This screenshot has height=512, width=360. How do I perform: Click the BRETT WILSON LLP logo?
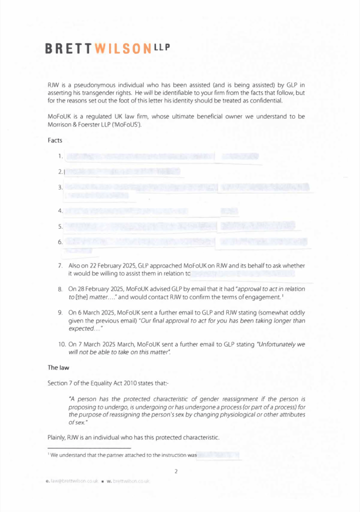(107, 48)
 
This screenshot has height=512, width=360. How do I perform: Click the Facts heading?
(55, 140)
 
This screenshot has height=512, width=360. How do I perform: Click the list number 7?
(60, 265)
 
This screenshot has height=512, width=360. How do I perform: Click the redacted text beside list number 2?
(122, 171)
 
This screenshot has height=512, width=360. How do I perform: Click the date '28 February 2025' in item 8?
(101, 289)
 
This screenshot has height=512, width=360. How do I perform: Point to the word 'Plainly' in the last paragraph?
(56, 437)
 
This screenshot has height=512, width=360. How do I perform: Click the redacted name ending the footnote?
(219, 455)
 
